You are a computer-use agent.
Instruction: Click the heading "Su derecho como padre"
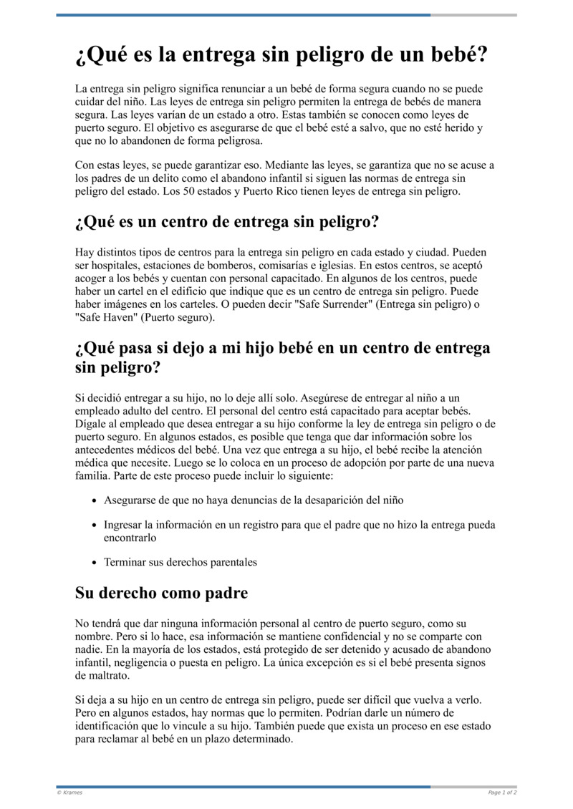[x=161, y=593]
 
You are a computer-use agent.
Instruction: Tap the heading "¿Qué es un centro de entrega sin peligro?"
[x=226, y=222]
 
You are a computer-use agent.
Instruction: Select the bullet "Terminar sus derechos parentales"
[x=180, y=562]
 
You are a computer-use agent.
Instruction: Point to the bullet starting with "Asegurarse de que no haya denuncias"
[x=258, y=500]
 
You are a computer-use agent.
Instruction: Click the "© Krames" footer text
[x=69, y=793]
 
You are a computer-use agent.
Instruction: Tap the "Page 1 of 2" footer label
[x=502, y=793]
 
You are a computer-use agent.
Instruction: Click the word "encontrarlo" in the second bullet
[x=130, y=537]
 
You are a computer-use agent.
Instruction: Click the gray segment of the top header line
[x=473, y=15]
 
